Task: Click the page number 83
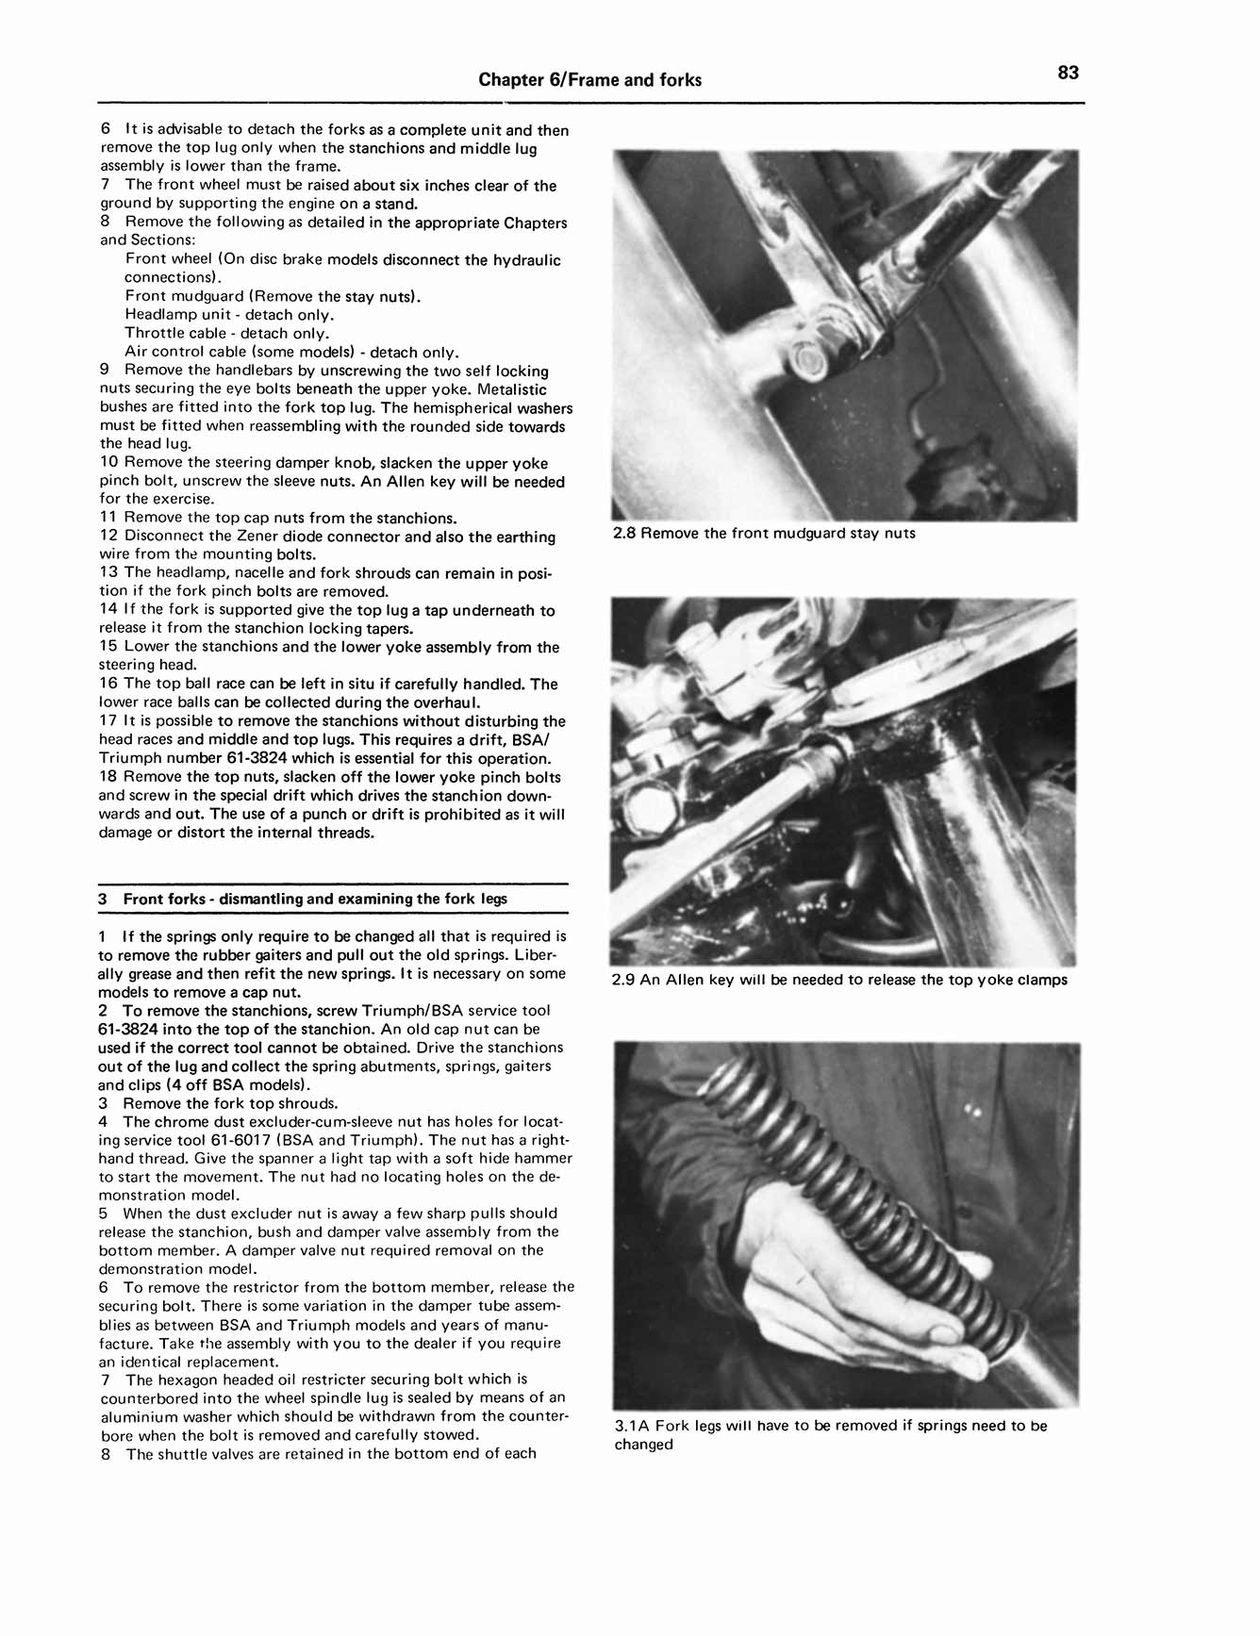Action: (1068, 74)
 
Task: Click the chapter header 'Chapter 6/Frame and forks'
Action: (589, 80)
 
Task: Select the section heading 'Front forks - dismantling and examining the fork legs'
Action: (315, 899)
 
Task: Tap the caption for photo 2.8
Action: (764, 534)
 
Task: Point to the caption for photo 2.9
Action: (839, 981)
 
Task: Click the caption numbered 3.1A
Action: (830, 1435)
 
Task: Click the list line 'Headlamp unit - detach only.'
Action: (229, 315)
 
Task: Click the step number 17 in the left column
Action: (108, 721)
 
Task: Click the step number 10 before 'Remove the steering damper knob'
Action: (108, 463)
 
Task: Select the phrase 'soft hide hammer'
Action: (510, 1159)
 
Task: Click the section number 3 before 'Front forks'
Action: (103, 899)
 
